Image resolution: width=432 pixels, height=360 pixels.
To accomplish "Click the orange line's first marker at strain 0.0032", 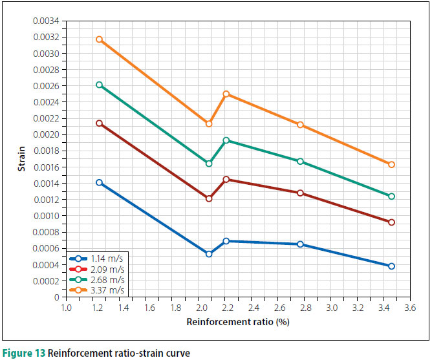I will [x=99, y=39].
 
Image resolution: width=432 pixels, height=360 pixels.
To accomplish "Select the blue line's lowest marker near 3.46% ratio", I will [x=391, y=266].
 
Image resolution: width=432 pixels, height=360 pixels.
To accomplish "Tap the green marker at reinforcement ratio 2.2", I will [x=226, y=140].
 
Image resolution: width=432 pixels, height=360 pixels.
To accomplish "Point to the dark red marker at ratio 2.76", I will [x=300, y=193].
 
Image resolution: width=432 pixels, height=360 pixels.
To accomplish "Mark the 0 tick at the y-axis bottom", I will [x=56, y=297].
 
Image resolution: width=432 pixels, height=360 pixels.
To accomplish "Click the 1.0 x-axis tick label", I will [x=66, y=308].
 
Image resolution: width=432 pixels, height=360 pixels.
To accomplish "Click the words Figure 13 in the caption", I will [x=23, y=353].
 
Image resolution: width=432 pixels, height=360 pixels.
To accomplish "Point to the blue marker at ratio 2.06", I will [x=209, y=254].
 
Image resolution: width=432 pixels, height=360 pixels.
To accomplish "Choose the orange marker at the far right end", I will [x=391, y=164].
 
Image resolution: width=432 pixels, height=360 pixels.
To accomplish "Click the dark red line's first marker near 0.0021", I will [x=99, y=123].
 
